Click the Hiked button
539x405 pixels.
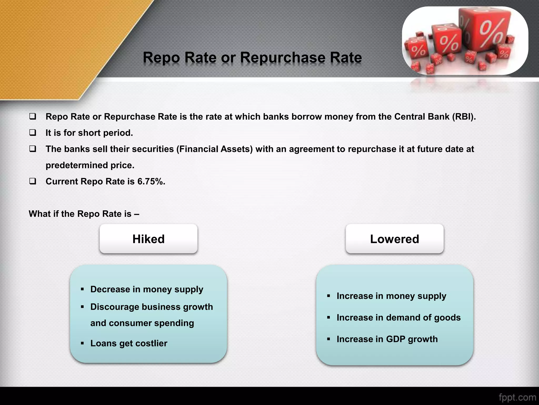148,239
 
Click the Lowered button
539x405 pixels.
394,239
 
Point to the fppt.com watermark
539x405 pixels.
517,397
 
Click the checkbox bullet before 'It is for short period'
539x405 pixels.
33,132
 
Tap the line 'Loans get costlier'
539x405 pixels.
129,343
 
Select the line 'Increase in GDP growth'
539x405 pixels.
387,339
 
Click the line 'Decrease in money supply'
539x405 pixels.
147,289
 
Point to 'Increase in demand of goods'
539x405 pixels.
398,317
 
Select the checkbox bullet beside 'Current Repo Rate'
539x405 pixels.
33,181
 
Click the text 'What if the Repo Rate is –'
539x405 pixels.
84,214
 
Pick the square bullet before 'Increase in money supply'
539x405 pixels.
328,296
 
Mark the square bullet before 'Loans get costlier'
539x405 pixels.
82,343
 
